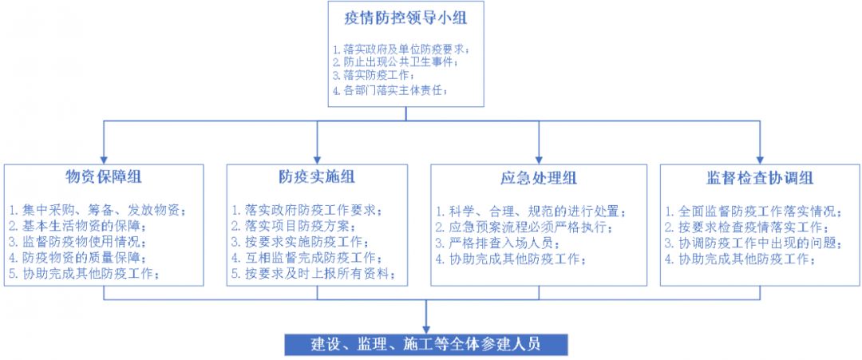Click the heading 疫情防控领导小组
click(x=405, y=18)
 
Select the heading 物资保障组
click(x=103, y=177)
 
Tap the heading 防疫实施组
click(x=317, y=177)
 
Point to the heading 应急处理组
click(x=539, y=178)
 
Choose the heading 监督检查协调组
click(x=760, y=178)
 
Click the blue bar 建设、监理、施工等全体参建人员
click(x=426, y=345)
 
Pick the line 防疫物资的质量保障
click(x=78, y=258)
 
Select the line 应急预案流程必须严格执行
click(x=524, y=227)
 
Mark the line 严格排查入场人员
click(x=499, y=243)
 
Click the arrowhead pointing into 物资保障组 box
click(x=103, y=160)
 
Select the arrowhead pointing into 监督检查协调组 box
click(x=760, y=160)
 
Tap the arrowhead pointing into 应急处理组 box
click(x=539, y=160)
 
